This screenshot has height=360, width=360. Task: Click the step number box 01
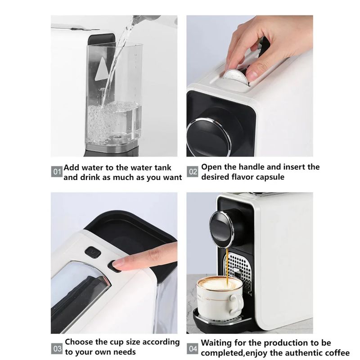[x=57, y=172]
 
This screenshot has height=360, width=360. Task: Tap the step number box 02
[x=193, y=172]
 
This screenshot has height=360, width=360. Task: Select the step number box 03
[x=57, y=348]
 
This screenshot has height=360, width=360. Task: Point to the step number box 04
[x=193, y=348]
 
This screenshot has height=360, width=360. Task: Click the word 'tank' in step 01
[x=162, y=167]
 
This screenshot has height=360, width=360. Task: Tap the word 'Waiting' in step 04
[x=217, y=343]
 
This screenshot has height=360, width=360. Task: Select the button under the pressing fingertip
[x=114, y=266]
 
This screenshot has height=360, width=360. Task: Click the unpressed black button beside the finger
[x=93, y=252]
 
